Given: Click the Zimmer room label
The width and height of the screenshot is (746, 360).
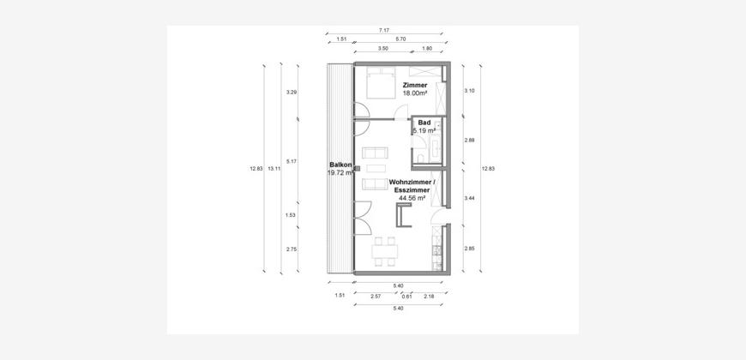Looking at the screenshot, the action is pos(414,85).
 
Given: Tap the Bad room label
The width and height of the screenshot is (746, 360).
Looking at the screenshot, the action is pos(424,123).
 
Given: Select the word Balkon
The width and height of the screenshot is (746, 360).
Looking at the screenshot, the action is pos(340,165).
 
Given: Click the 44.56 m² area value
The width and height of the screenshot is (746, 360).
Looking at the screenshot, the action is pos(412,199).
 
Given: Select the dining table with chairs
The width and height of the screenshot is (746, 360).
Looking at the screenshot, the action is pos(385,251).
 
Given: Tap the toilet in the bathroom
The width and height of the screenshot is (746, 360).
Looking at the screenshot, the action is pos(419,158).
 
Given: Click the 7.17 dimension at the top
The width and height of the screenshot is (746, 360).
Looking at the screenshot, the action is pos(384,30).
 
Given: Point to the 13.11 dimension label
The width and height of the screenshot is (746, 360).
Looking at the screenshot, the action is pos(273,168).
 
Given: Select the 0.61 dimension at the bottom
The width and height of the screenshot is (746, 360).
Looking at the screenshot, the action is pos(406,296).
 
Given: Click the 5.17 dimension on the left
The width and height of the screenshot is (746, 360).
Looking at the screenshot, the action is pos(292,162).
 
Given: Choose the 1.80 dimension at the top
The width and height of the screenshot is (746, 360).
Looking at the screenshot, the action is pos(427,49).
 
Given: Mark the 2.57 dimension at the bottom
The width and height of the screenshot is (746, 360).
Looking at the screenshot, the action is pos(376,296).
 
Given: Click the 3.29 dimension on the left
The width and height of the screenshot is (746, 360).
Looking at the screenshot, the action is pos(292,93).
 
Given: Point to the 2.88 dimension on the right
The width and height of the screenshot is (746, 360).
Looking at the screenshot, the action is pos(470,141).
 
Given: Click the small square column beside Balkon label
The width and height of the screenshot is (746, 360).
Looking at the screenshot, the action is pos(358,168).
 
